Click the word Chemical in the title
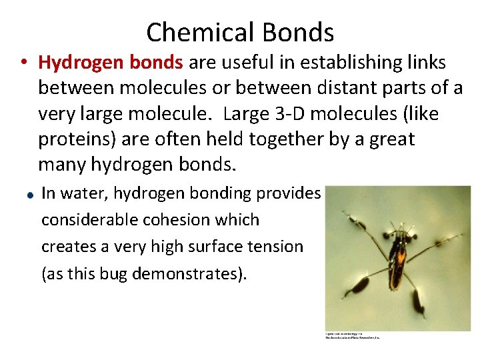pyautogui.click(x=201, y=32)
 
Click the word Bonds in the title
pyautogui.click(x=299, y=32)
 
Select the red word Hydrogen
pyautogui.click(x=77, y=62)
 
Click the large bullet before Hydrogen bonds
pyautogui.click(x=23, y=63)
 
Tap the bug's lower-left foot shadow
pyautogui.click(x=360, y=285)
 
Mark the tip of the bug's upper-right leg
pyautogui.click(x=461, y=235)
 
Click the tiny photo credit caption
pyautogui.click(x=352, y=335)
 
